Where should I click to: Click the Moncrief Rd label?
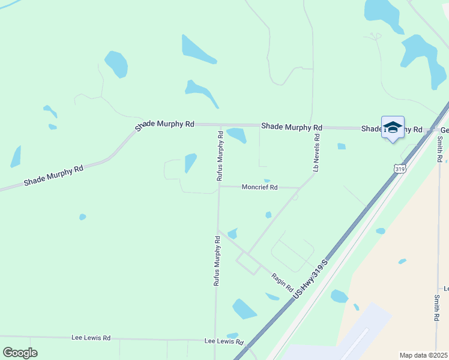[259, 187]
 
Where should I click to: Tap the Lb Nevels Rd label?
[316, 153]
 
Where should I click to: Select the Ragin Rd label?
[282, 279]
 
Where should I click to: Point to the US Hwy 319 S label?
[310, 280]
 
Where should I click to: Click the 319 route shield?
[400, 170]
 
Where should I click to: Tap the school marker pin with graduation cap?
[393, 128]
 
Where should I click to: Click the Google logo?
[20, 352]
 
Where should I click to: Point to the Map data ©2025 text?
[423, 355]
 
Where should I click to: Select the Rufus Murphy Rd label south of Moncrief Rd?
[217, 260]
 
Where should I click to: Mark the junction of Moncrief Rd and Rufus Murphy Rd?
[219, 186]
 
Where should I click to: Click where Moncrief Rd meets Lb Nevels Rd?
[299, 188]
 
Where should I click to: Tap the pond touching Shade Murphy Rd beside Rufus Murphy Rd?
[237, 135]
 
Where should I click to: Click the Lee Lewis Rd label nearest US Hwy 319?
[224, 341]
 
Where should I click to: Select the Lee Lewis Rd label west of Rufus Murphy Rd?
[91, 338]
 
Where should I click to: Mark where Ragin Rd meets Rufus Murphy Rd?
[218, 230]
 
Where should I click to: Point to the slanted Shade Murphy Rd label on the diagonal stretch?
[53, 175]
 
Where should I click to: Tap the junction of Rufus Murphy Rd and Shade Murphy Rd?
[220, 125]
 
